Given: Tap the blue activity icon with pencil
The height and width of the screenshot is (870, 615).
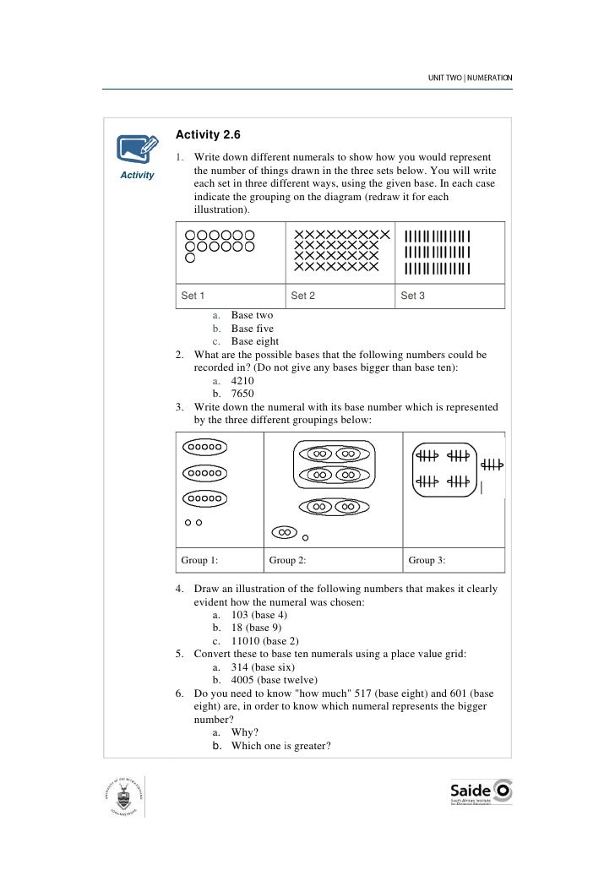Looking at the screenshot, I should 136,150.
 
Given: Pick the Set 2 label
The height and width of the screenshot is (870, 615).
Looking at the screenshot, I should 302,296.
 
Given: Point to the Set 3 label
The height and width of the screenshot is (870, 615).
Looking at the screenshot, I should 412,296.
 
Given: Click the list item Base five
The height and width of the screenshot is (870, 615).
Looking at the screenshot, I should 252,329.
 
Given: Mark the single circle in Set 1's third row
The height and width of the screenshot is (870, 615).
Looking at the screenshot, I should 190,258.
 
